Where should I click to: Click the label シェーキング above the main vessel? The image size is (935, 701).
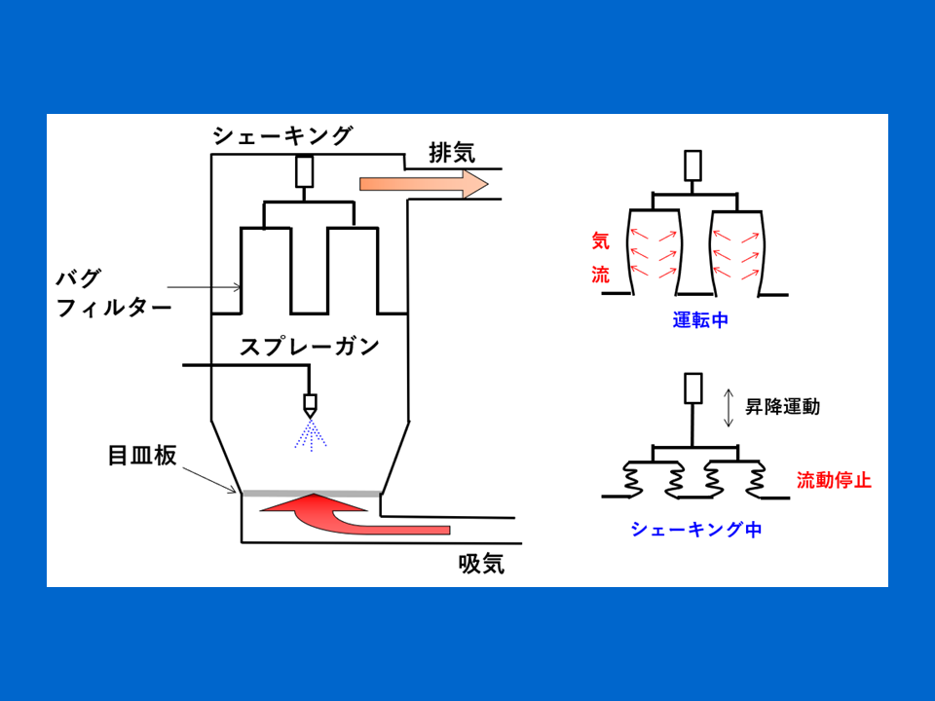(282, 136)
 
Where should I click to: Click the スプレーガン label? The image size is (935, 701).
(310, 347)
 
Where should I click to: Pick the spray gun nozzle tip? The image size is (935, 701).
(311, 404)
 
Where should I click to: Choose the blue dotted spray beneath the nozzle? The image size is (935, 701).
(311, 434)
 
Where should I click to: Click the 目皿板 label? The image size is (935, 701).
(142, 456)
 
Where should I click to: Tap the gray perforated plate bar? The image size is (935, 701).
(311, 494)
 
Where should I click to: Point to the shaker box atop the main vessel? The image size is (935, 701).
(305, 171)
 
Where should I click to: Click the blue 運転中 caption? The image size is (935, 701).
(699, 319)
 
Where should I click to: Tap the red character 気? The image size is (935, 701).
(600, 240)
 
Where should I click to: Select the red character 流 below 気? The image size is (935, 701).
(600, 274)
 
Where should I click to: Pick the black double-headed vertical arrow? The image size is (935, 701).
(729, 407)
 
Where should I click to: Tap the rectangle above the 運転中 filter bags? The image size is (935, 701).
(693, 166)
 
